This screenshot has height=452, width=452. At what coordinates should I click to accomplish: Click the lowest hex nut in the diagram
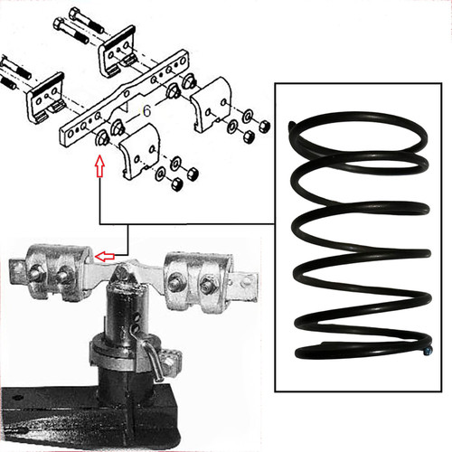176,184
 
